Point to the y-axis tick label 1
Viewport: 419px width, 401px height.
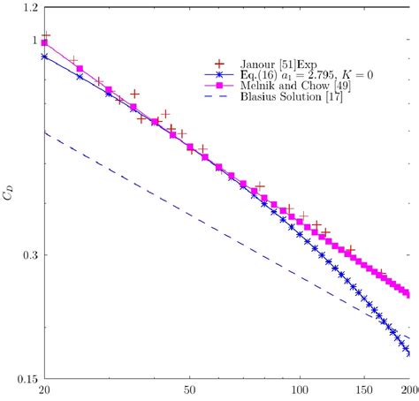pos(34,41)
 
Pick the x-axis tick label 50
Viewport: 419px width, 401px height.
pos(188,390)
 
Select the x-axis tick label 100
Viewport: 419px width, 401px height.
pos(300,390)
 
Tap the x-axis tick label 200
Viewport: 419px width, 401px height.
pos(408,390)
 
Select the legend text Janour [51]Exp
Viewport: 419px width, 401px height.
pos(278,64)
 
